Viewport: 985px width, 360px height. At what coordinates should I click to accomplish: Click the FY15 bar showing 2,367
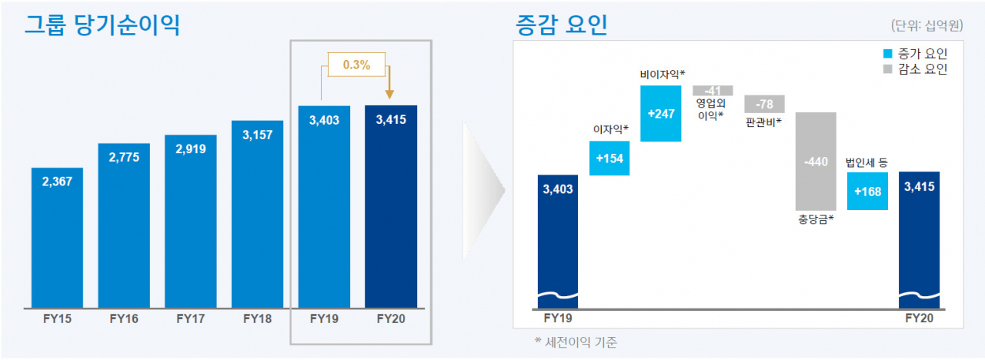click(57, 238)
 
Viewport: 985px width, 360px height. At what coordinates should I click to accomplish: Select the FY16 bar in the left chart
click(124, 225)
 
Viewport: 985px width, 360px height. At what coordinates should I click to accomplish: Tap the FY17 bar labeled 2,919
click(191, 222)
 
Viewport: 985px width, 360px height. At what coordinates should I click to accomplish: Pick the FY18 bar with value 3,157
click(258, 214)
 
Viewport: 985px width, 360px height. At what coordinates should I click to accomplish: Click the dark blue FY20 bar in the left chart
click(391, 207)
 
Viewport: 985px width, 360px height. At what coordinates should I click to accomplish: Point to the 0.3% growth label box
click(356, 65)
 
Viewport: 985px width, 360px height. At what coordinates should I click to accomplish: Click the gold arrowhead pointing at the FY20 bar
click(389, 94)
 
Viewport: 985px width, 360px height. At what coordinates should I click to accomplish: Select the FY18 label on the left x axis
click(258, 318)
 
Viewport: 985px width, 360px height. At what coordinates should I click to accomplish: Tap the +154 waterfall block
click(609, 158)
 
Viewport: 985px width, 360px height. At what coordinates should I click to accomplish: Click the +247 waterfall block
click(661, 113)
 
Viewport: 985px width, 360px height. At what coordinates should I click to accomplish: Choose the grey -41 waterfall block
click(713, 91)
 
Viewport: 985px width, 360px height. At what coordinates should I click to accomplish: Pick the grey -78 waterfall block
click(764, 104)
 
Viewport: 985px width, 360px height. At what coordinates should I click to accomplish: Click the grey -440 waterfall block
click(816, 162)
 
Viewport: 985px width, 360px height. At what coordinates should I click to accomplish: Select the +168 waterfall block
click(867, 192)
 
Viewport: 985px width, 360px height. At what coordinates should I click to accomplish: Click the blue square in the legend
click(888, 54)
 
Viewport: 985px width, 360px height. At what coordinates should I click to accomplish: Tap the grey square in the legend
click(888, 69)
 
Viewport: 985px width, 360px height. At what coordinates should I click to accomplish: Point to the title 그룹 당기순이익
click(102, 25)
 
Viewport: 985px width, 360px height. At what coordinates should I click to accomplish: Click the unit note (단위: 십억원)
click(927, 25)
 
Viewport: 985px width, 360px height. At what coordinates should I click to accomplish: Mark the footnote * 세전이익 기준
click(576, 342)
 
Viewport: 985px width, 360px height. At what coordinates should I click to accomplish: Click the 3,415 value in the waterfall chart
click(919, 186)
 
